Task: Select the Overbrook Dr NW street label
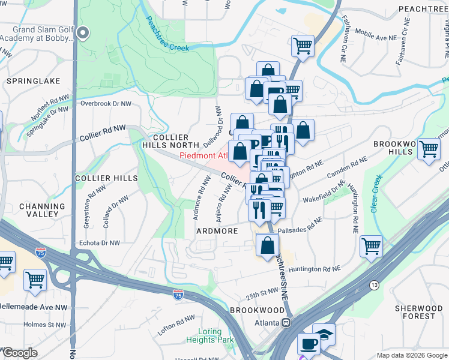tap(106, 103)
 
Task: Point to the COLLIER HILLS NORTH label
tap(170, 141)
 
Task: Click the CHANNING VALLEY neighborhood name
tap(42, 210)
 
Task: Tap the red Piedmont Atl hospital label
tap(203, 156)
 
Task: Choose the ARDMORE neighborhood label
tap(214, 230)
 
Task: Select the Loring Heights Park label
tap(216, 335)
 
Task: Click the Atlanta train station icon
tap(286, 322)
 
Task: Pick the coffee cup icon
tap(309, 344)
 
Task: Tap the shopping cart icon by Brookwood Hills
tap(429, 148)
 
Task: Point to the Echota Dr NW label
tap(100, 243)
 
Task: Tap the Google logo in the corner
tap(20, 353)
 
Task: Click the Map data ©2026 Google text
tap(411, 355)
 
